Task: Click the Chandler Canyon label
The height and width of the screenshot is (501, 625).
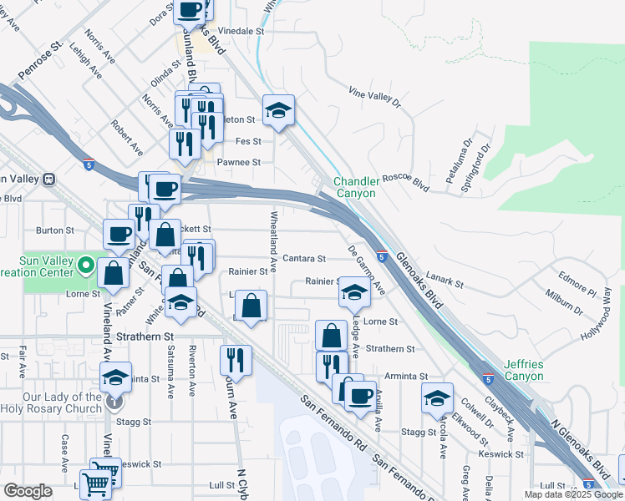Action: click(x=354, y=187)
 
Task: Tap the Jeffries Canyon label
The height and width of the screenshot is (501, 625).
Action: click(x=524, y=371)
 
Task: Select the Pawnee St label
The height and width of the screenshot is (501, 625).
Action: click(x=240, y=162)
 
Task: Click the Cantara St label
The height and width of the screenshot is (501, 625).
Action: click(x=303, y=259)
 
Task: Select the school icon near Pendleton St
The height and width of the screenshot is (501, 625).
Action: click(x=279, y=109)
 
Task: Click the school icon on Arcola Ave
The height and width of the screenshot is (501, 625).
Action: click(x=436, y=397)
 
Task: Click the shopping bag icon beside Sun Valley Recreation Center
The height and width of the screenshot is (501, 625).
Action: click(x=113, y=271)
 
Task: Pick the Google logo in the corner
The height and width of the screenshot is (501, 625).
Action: click(x=28, y=491)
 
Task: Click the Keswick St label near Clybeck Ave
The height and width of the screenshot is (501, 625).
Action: click(x=501, y=454)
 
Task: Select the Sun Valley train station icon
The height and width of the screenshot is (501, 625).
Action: click(x=49, y=179)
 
